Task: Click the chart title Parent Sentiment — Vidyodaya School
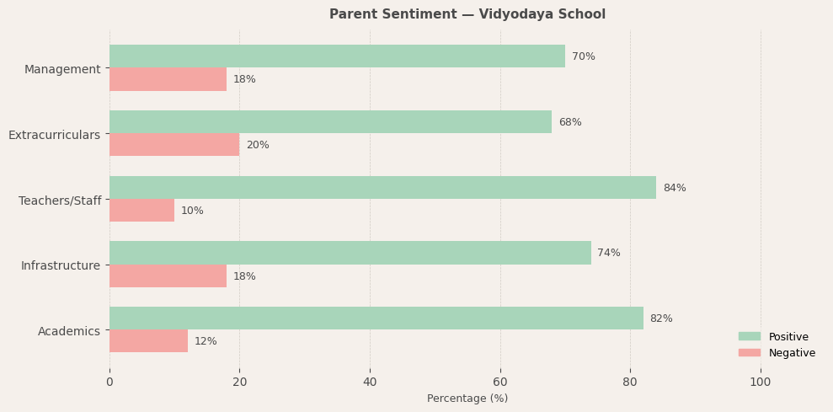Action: pyautogui.click(x=467, y=14)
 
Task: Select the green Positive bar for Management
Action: pyautogui.click(x=337, y=56)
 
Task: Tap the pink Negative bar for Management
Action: pyautogui.click(x=168, y=79)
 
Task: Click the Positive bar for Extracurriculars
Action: pyautogui.click(x=330, y=122)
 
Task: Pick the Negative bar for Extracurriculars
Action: pyautogui.click(x=174, y=145)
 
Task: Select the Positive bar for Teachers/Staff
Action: pyautogui.click(x=382, y=188)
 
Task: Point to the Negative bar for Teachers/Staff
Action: pyautogui.click(x=142, y=211)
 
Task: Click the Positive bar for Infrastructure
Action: pyautogui.click(x=350, y=253)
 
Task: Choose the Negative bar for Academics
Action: pyautogui.click(x=148, y=341)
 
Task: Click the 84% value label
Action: pyautogui.click(x=674, y=188)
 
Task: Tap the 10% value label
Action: pyautogui.click(x=192, y=211)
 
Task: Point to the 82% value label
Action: pyautogui.click(x=661, y=318)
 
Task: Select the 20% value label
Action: pyautogui.click(x=257, y=145)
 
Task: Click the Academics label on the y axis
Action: pyautogui.click(x=68, y=331)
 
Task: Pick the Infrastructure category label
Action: pyautogui.click(x=60, y=265)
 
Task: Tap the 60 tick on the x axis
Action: pyautogui.click(x=500, y=382)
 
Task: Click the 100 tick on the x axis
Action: pyautogui.click(x=761, y=382)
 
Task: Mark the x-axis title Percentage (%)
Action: pyautogui.click(x=467, y=399)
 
